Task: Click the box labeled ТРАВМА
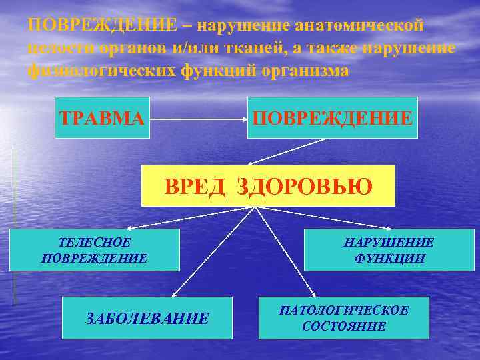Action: click(x=102, y=118)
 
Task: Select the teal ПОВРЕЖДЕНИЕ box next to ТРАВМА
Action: click(x=332, y=118)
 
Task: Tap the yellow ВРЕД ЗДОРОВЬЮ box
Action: click(x=268, y=185)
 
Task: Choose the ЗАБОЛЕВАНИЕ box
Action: click(x=147, y=317)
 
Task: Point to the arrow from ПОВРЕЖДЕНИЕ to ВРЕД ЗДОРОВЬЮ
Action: click(x=287, y=151)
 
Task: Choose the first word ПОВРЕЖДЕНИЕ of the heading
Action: click(x=103, y=25)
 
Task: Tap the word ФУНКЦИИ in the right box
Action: click(x=389, y=258)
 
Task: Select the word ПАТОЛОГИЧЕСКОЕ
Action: click(x=343, y=311)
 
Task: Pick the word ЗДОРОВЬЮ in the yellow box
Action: click(x=305, y=185)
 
